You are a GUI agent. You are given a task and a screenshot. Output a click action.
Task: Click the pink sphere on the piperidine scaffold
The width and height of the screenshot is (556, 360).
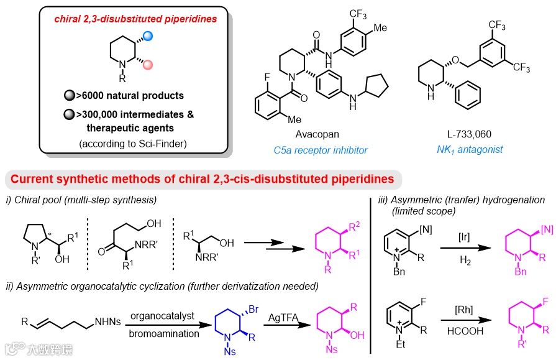[x=147, y=64]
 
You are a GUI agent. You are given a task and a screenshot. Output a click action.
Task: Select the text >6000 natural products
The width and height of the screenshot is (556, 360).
[x=129, y=96]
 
